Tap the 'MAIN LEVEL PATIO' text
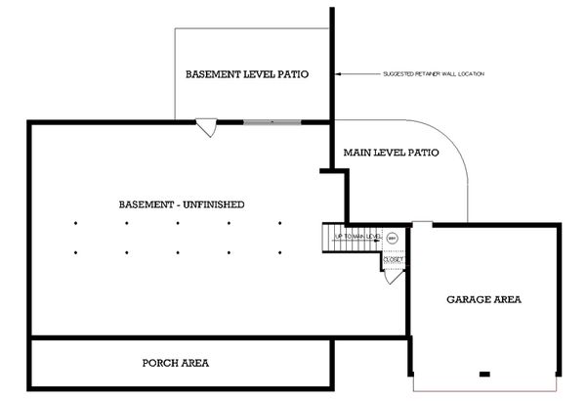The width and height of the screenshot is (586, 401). click(390, 153)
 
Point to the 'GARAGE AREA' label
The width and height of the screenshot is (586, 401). click(483, 299)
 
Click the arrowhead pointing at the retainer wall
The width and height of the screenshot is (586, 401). click(339, 74)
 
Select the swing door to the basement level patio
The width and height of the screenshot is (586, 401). click(206, 128)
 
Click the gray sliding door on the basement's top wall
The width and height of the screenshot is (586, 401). click(272, 122)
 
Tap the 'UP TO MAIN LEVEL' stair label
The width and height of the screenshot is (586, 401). click(356, 237)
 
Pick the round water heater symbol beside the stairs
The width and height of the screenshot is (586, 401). click(392, 237)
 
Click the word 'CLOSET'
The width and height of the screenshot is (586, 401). click(393, 259)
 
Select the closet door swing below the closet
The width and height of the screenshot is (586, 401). click(393, 276)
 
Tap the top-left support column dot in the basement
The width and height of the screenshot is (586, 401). click(76, 224)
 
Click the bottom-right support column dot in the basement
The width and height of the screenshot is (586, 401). click(280, 253)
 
